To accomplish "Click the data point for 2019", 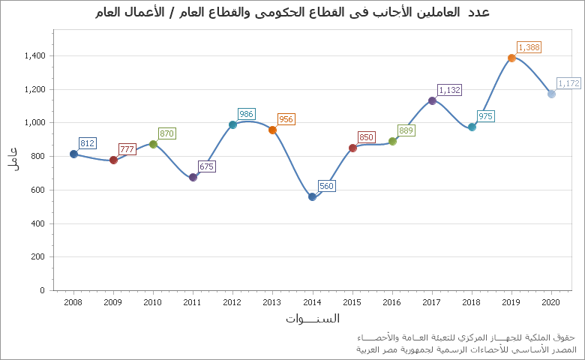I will (x=511, y=58).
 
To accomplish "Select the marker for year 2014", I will (x=312, y=196).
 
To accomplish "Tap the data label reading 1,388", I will (x=529, y=47).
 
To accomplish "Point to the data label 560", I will (x=326, y=186).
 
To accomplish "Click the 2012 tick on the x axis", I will (x=232, y=302).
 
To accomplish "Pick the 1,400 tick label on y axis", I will (x=34, y=56).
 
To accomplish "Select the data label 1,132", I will (x=449, y=90).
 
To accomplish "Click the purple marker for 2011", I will (x=193, y=177).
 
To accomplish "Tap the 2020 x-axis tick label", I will (x=551, y=302).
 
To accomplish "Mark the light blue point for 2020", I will (x=551, y=94).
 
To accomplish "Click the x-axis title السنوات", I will (x=312, y=319).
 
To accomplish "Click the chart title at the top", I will (x=293, y=13).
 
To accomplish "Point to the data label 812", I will (x=87, y=143).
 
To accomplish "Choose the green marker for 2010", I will (x=153, y=144).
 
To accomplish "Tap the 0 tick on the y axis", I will (x=43, y=290).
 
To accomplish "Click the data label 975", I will (x=485, y=116).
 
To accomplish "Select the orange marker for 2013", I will (x=272, y=130).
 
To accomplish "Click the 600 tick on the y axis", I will (x=37, y=190).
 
